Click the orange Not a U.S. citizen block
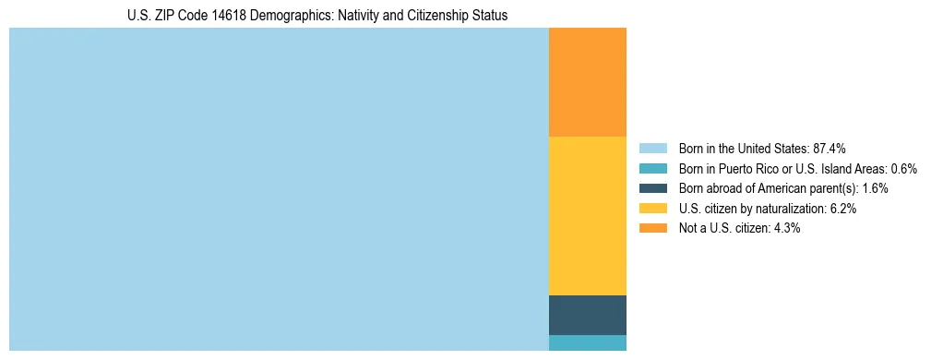point(587,82)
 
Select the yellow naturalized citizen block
point(587,215)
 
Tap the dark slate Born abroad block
point(587,315)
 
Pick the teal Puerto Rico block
point(587,342)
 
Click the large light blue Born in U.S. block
point(279,189)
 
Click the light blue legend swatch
point(652,149)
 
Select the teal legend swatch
point(652,169)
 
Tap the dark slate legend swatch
point(652,188)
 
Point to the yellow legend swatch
point(652,209)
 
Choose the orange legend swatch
point(652,228)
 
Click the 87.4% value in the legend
point(830,149)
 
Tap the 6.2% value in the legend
point(842,209)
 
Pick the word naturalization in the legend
point(789,209)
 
